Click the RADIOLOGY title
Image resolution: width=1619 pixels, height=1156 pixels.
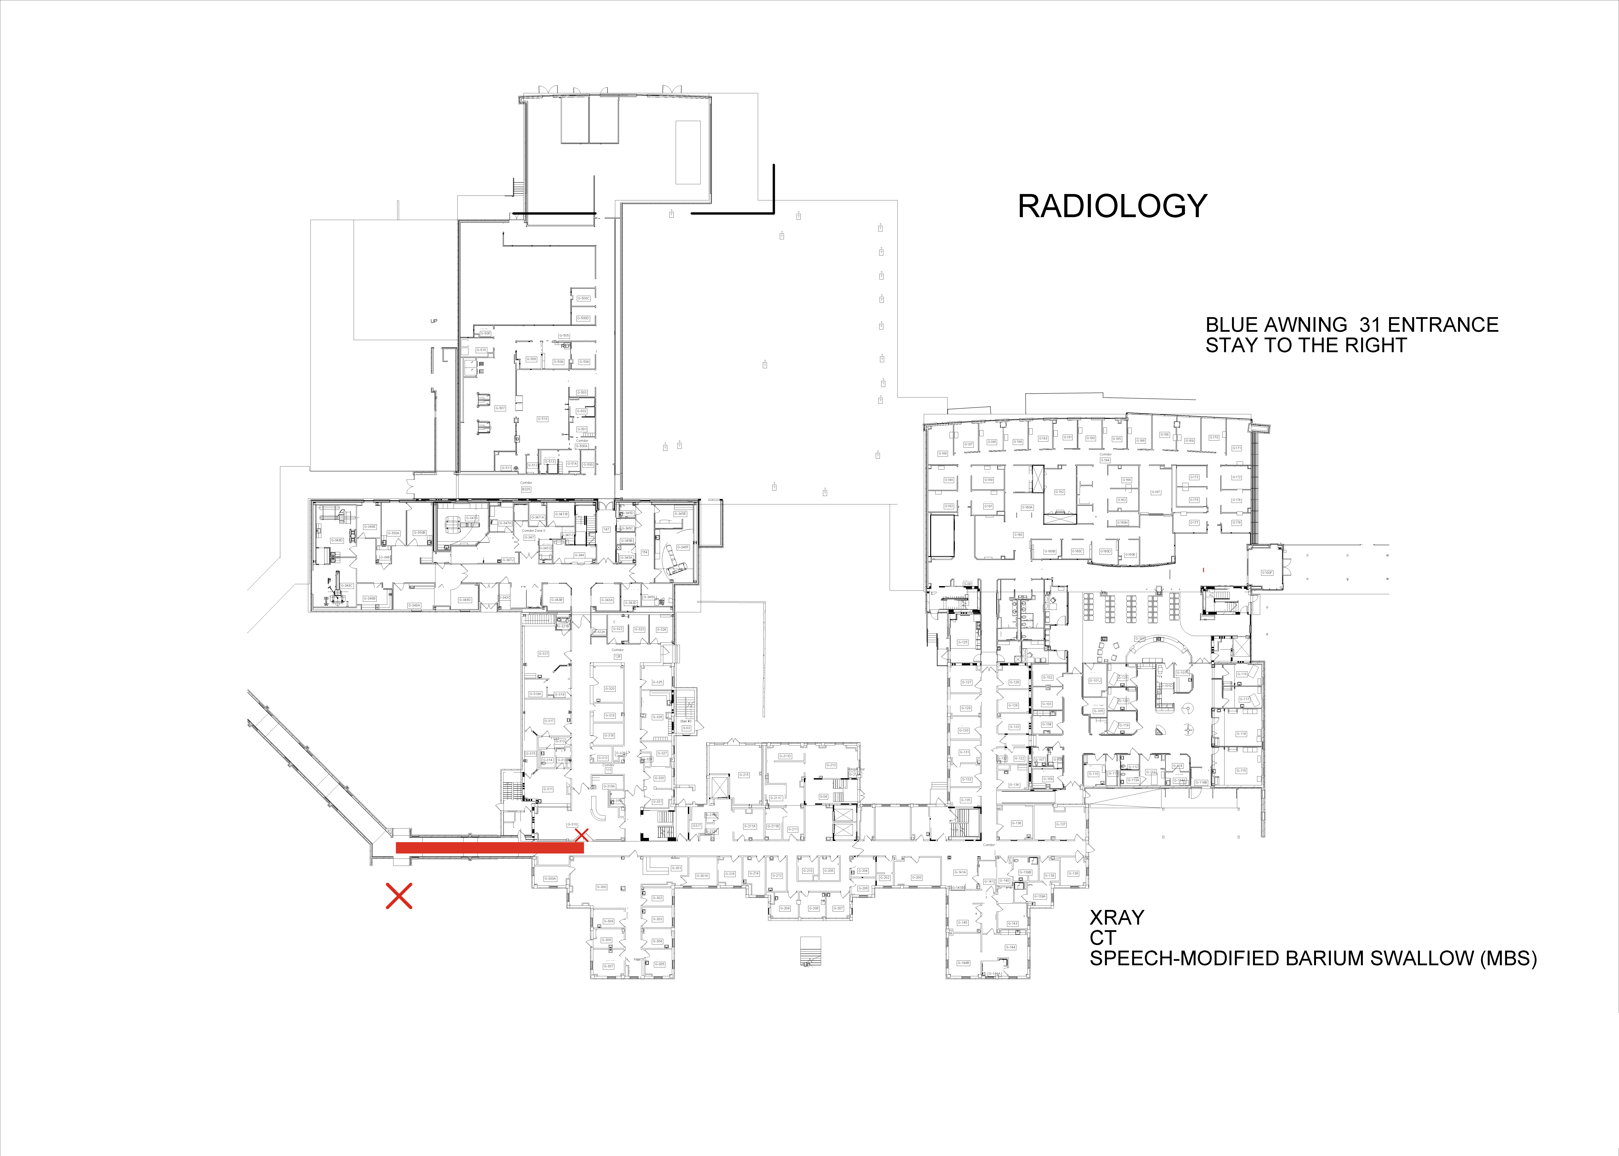click(x=1112, y=206)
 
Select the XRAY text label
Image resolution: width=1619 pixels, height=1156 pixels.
click(x=1116, y=917)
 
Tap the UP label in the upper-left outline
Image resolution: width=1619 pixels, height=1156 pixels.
click(x=434, y=321)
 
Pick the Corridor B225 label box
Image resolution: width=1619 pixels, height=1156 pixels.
click(x=526, y=489)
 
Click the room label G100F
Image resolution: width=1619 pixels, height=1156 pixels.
click(x=1267, y=572)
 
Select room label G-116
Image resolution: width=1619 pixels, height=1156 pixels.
click(x=1241, y=733)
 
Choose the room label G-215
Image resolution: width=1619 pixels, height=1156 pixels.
click(x=744, y=775)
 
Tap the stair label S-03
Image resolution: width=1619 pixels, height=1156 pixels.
click(x=686, y=728)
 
